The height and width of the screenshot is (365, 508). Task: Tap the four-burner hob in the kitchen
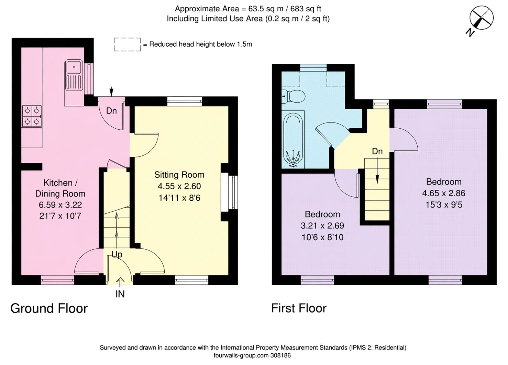pos(32,116)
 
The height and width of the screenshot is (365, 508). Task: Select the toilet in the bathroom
pos(294,96)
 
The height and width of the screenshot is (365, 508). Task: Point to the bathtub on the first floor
pos(293,140)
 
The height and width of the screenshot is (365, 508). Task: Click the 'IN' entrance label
pos(120,294)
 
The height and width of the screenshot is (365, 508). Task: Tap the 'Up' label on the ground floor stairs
pos(117,255)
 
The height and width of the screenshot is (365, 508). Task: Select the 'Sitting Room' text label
pos(179,175)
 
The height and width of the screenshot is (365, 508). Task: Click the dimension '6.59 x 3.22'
pos(60,205)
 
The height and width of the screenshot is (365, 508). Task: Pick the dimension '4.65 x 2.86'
pos(444,193)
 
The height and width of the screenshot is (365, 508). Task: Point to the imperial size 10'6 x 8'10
pos(322,237)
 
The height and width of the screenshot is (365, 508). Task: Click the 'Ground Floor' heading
pos(49,308)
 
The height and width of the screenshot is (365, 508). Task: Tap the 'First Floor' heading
pos(299,308)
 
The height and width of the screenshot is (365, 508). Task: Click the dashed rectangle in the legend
pos(128,45)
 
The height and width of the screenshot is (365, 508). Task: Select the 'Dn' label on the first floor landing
pos(377,151)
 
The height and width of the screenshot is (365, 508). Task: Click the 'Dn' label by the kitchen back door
pos(111,111)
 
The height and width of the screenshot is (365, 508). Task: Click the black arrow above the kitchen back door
pos(111,92)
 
